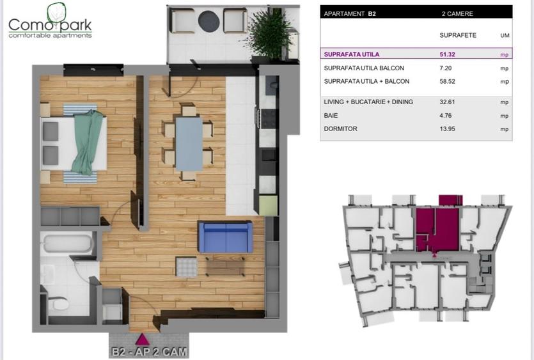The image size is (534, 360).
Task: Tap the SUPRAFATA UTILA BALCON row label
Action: coord(365,68)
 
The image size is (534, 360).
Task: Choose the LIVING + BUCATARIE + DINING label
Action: coord(369,102)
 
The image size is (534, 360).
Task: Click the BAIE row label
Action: coord(331,116)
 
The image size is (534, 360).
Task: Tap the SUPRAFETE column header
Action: coord(458,35)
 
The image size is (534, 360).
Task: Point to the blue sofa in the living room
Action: coord(225,237)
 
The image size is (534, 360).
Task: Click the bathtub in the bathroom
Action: coord(67,244)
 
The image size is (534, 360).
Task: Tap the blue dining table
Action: coord(189,144)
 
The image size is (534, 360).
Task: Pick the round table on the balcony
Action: coord(208,21)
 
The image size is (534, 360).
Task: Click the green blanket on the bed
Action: coord(86,142)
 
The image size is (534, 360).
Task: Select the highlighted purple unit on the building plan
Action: coord(436,228)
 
